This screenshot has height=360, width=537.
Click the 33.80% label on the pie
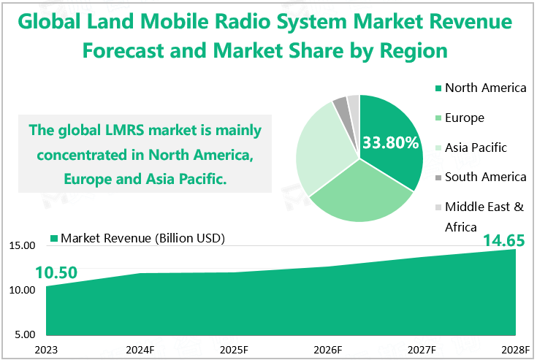[x=392, y=142]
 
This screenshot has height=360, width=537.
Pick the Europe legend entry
[x=464, y=118]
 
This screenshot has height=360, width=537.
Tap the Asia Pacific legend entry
[x=475, y=148]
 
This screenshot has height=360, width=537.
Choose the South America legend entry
[x=484, y=177]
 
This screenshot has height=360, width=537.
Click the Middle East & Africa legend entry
[x=484, y=216]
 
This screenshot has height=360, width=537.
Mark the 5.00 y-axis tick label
[x=23, y=335]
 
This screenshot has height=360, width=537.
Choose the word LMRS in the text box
[x=145, y=131]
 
